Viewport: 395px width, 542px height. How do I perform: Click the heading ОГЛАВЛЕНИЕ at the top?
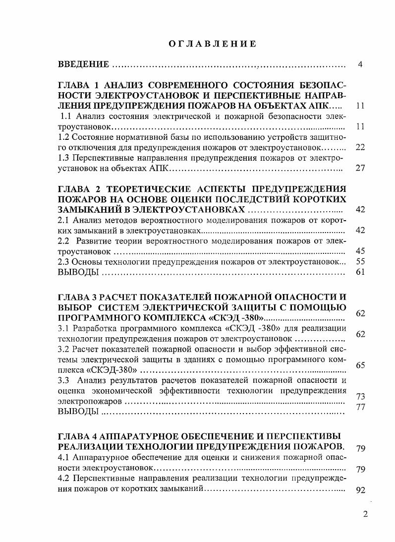click(x=212, y=44)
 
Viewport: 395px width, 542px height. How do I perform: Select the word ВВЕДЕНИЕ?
click(x=83, y=64)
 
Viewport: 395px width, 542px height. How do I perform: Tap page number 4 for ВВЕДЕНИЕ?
click(x=360, y=64)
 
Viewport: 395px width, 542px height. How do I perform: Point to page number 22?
click(x=360, y=147)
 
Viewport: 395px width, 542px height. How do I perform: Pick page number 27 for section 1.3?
click(x=360, y=168)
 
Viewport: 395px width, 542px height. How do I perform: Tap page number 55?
click(x=360, y=261)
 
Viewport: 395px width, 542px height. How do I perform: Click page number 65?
click(x=360, y=365)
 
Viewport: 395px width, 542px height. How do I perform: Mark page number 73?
click(x=360, y=397)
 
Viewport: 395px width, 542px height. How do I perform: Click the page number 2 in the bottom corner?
click(x=365, y=514)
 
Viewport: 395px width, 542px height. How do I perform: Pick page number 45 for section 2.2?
click(x=360, y=251)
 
